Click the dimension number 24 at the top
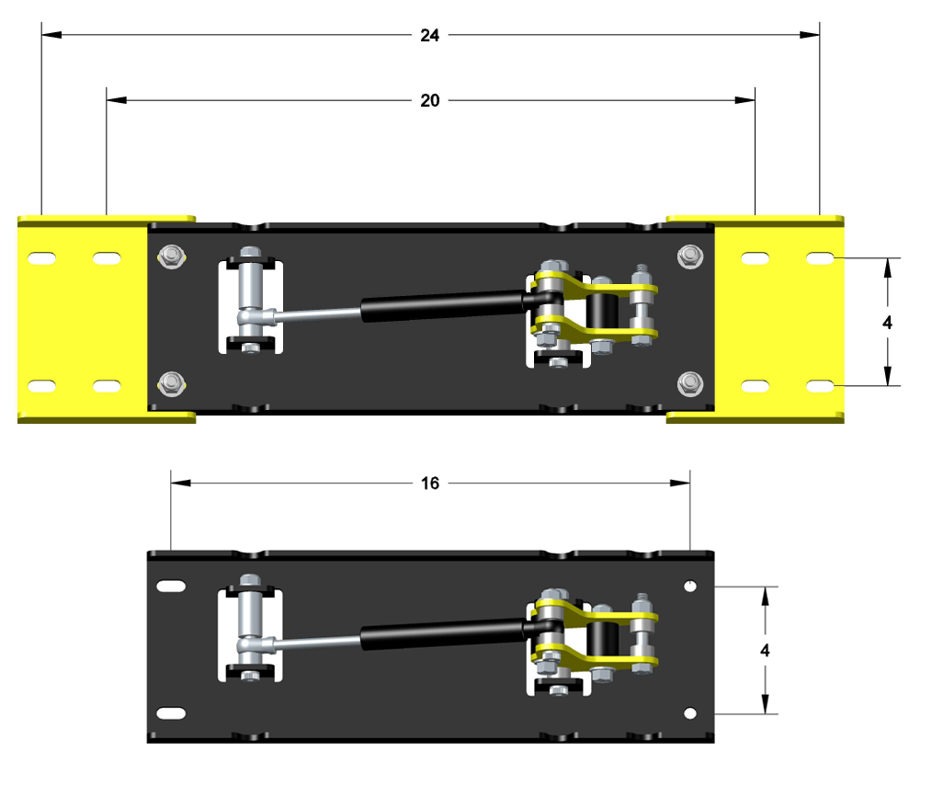[430, 36]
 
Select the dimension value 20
[430, 100]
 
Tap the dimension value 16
[430, 483]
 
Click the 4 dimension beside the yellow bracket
[886, 323]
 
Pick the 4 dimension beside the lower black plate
[765, 650]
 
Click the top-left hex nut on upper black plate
[169, 256]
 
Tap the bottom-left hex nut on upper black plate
[169, 382]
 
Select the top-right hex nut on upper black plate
[688, 256]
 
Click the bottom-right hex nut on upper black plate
[688, 382]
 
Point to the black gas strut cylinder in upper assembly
[441, 304]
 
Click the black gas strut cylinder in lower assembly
[441, 633]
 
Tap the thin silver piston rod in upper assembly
[317, 315]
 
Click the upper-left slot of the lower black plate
[170, 586]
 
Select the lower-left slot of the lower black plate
[170, 712]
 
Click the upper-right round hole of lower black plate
[690, 586]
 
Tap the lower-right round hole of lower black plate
[690, 712]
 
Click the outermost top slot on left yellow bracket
[42, 260]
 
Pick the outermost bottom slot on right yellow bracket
[820, 385]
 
